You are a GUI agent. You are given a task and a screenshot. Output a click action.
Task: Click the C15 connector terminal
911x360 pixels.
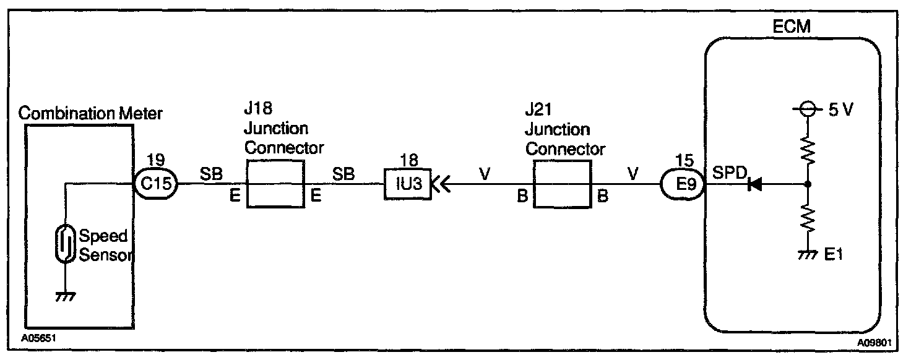point(156,184)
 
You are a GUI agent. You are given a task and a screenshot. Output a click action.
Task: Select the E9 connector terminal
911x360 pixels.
point(682,184)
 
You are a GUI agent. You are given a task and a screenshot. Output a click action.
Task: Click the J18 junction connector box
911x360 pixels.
point(275,185)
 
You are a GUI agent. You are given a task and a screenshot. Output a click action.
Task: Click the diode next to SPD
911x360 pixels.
point(754,184)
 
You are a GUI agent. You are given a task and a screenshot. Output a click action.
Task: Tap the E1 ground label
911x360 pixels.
point(835,255)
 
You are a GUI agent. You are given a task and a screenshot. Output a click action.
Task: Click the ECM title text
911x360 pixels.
point(792,27)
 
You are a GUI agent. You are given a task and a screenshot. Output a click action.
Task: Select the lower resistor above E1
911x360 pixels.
point(808,218)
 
